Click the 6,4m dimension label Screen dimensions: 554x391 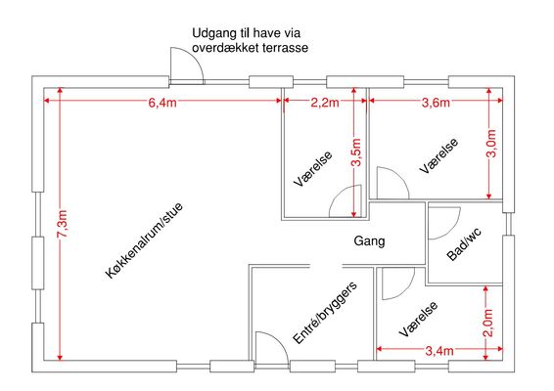[x=162, y=103]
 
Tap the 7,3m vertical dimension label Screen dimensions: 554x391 [x=63, y=224]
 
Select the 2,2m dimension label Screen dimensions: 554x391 [x=325, y=103]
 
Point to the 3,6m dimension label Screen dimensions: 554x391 [x=436, y=103]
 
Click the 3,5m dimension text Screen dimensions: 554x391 [x=356, y=152]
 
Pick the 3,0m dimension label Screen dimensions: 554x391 [x=492, y=144]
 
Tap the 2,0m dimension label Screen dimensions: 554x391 [x=488, y=323]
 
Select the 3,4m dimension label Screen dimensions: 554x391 [x=439, y=351]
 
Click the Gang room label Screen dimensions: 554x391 [x=369, y=241]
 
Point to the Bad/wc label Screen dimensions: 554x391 [x=464, y=244]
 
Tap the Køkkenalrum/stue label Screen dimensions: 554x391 [x=144, y=240]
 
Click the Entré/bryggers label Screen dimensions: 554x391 [x=325, y=313]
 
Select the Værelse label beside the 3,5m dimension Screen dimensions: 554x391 [x=313, y=169]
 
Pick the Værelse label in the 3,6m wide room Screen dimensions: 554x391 [x=439, y=155]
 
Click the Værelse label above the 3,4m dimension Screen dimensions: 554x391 [x=419, y=319]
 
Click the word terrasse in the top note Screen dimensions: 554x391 [x=286, y=48]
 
